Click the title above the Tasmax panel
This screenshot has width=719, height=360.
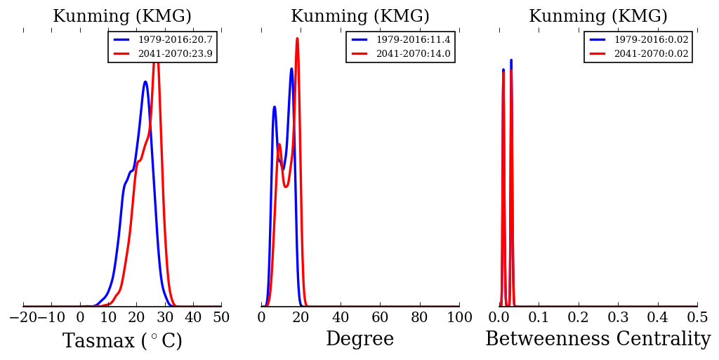point(122,17)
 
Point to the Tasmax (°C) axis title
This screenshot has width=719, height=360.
point(122,341)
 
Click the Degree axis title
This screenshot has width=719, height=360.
point(360,340)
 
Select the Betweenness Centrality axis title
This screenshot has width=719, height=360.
point(598,340)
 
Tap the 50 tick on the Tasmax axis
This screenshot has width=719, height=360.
point(221,317)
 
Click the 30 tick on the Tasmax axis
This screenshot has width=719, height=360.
point(165,317)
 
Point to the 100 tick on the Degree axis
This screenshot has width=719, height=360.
point(459,317)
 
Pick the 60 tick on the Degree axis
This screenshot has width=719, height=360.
point(380,317)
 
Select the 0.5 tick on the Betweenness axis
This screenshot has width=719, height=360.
point(697,317)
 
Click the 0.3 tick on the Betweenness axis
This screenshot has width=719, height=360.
point(618,317)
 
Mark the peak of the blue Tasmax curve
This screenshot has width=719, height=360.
point(145,81)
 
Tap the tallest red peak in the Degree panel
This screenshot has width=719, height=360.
point(297,38)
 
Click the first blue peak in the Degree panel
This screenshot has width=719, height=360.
point(274,107)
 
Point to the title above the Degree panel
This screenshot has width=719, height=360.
point(360,17)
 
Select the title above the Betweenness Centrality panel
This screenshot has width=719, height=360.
point(598,17)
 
